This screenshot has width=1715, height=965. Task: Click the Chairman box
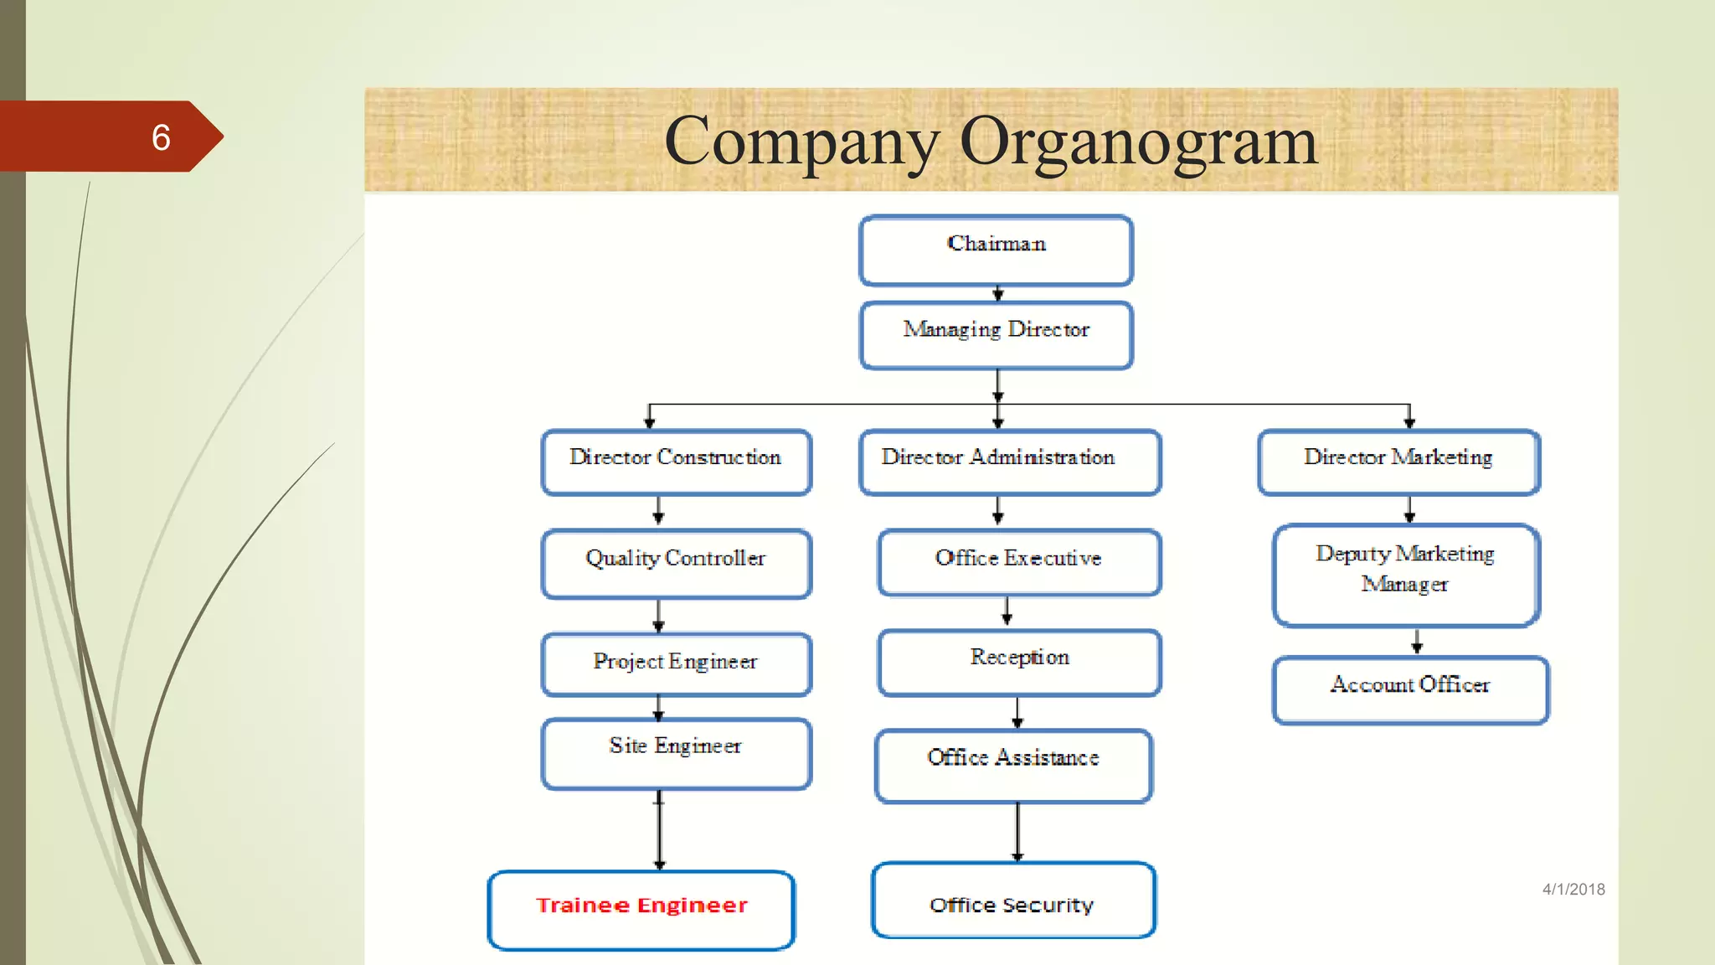[996, 250]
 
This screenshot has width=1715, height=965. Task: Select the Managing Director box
[996, 335]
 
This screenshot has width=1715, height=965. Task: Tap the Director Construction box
[676, 462]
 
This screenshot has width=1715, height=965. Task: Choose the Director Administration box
[1009, 462]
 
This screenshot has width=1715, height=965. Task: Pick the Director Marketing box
[1398, 462]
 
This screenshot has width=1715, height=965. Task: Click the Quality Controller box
[676, 563]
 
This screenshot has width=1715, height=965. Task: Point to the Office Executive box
[1018, 562]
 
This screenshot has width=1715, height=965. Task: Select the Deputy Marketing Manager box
[1405, 575]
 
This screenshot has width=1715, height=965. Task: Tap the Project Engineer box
[676, 664]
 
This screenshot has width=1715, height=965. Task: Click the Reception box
[1018, 662]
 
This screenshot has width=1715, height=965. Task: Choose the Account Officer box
[1410, 689]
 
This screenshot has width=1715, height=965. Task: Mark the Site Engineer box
[676, 753]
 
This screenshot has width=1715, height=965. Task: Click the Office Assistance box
[1013, 765]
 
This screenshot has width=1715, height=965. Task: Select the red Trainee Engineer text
[641, 906]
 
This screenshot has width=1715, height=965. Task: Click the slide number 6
[161, 137]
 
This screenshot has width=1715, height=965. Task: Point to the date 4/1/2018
[1573, 890]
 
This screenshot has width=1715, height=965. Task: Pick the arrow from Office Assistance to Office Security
[1017, 831]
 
